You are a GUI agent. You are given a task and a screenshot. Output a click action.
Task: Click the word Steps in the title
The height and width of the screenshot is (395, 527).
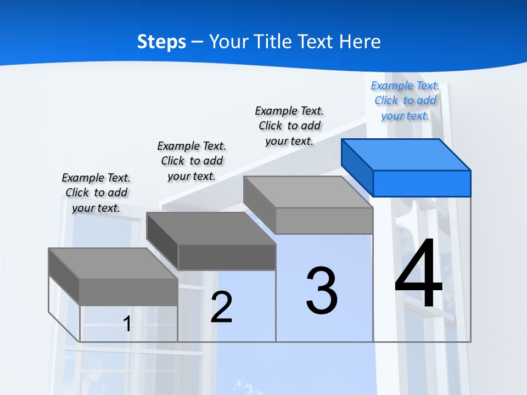[x=161, y=42]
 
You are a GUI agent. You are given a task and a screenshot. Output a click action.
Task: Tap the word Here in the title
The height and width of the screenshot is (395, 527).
[x=360, y=42]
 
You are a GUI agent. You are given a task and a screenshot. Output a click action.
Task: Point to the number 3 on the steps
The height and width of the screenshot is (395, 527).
[x=322, y=291]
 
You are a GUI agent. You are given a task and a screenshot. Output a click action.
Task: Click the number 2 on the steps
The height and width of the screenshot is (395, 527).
[x=221, y=307]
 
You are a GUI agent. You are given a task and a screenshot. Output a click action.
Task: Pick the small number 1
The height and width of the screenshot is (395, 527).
[x=127, y=324]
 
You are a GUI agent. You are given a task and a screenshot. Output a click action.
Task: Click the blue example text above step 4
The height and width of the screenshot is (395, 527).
[x=405, y=101]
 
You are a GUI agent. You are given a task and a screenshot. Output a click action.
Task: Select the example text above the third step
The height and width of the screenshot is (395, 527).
[x=289, y=126]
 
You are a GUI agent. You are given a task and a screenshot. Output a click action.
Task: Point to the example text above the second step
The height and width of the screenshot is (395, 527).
[x=192, y=161]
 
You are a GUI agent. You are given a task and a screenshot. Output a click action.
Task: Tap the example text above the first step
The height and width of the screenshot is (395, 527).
[x=96, y=193]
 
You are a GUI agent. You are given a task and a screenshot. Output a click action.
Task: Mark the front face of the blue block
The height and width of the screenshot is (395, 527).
[x=422, y=183]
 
